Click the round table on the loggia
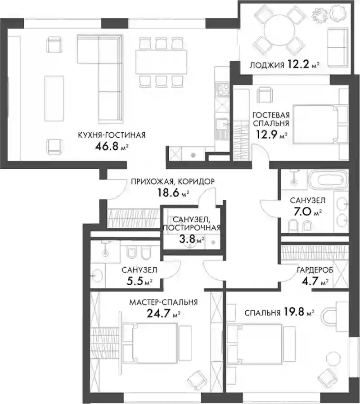[279, 29]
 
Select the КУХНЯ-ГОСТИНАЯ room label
[112, 135]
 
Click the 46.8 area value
[107, 146]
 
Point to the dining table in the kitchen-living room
[161, 62]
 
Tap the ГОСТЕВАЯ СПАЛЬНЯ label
[271, 119]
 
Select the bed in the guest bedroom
[316, 124]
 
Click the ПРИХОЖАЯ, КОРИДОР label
[173, 181]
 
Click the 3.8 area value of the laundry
[187, 239]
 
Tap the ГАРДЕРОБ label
[315, 270]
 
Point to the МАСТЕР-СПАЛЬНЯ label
[163, 302]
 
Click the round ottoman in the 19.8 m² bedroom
[334, 359]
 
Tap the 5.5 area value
[135, 281]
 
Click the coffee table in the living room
[54, 99]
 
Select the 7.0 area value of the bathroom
[302, 212]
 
